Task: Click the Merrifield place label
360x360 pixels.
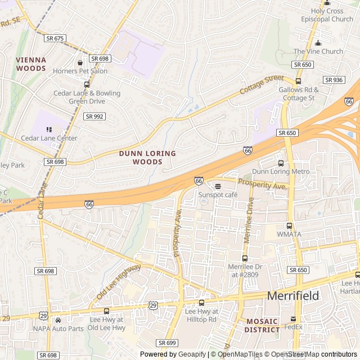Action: point(292,296)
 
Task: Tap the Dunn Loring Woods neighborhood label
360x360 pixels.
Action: point(147,157)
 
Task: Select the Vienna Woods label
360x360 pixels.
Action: point(31,64)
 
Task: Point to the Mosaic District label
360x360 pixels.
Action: point(262,325)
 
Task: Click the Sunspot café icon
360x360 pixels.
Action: point(218,186)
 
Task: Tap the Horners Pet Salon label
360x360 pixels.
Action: point(80,71)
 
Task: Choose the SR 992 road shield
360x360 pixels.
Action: point(94,116)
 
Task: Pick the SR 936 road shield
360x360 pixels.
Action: point(334,80)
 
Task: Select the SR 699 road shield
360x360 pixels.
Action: point(167,343)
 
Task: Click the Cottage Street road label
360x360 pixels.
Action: point(262,84)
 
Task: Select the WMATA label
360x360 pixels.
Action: point(289,234)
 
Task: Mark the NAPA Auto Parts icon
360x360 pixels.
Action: point(58,320)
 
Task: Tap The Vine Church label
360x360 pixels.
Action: point(318,52)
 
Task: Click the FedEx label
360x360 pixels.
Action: point(293,327)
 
